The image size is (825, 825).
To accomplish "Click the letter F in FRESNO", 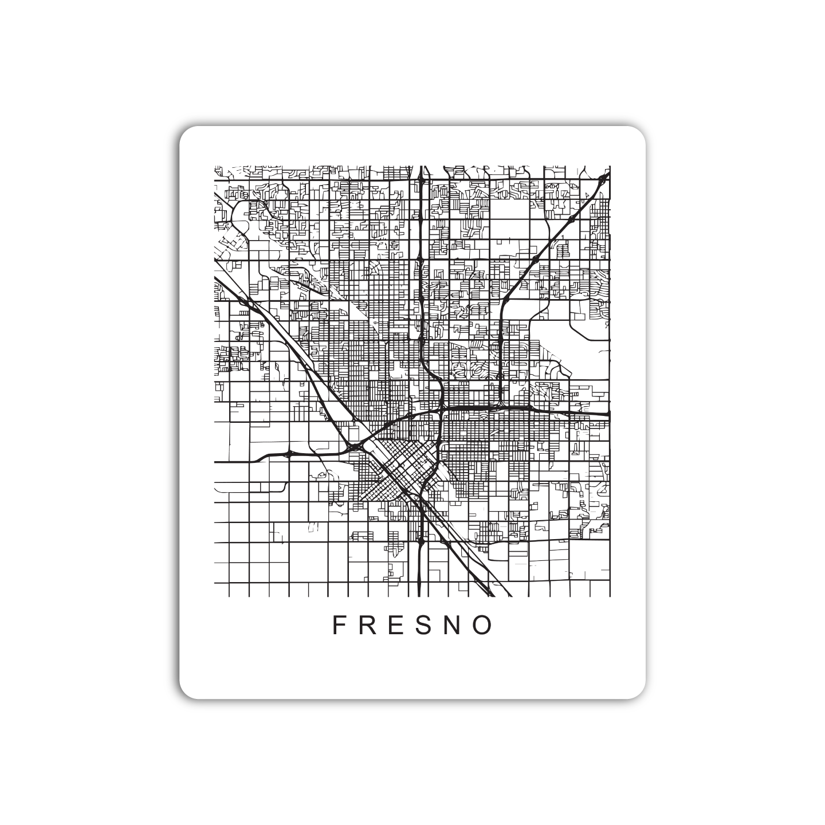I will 338,625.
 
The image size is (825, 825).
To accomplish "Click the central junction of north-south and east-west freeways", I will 442,408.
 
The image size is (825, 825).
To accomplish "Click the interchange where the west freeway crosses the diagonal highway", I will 354,446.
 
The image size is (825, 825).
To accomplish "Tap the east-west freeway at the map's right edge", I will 607,413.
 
